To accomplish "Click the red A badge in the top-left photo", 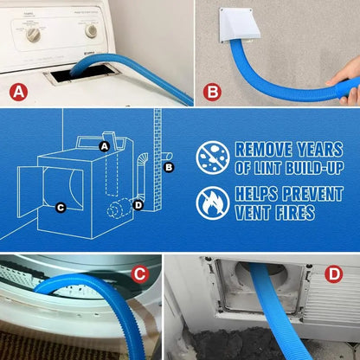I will [x=19, y=90].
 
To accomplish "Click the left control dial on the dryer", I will [x=35, y=34].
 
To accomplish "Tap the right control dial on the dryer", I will [x=91, y=31].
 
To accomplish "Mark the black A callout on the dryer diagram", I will [x=105, y=146].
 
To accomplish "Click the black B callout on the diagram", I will [x=169, y=165].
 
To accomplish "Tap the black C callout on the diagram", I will [x=60, y=207].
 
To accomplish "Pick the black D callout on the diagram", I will [x=138, y=204].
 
